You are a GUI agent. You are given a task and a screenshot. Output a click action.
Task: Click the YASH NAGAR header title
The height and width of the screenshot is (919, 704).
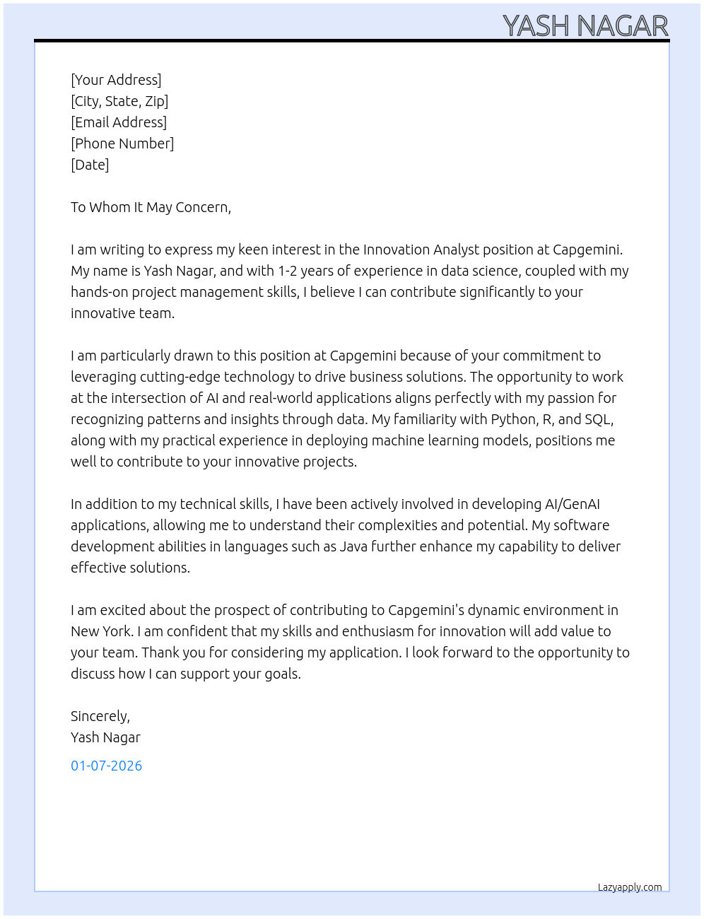pyautogui.click(x=585, y=25)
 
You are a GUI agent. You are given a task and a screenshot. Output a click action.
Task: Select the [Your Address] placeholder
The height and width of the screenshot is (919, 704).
pyautogui.click(x=116, y=80)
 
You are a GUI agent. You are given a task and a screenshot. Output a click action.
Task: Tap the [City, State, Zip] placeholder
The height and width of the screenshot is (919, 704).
pyautogui.click(x=119, y=101)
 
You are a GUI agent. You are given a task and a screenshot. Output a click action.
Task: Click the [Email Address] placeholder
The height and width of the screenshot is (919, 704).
pyautogui.click(x=119, y=122)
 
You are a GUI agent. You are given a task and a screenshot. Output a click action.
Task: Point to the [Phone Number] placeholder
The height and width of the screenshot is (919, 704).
pyautogui.click(x=122, y=144)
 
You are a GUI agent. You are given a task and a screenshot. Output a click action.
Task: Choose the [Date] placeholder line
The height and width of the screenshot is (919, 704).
pyautogui.click(x=90, y=165)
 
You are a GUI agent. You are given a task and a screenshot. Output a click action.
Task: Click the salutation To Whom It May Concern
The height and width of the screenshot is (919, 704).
pyautogui.click(x=151, y=207)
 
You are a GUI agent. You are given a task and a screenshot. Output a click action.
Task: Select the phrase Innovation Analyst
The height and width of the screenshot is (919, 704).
pyautogui.click(x=421, y=250)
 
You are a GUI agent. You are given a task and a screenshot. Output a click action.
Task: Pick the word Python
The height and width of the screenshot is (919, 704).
pyautogui.click(x=513, y=419)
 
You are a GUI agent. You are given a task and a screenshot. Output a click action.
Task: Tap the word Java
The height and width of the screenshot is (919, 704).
pyautogui.click(x=353, y=546)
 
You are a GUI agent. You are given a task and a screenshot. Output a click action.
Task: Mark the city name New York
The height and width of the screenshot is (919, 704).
pyautogui.click(x=101, y=631)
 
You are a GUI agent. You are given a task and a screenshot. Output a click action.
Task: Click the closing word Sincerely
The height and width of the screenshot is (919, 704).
pyautogui.click(x=100, y=716)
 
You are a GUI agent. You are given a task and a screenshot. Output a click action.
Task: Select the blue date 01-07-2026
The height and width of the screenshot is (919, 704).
pyautogui.click(x=107, y=766)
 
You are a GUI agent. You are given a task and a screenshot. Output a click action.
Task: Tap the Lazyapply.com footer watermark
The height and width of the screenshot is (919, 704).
pyautogui.click(x=630, y=887)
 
